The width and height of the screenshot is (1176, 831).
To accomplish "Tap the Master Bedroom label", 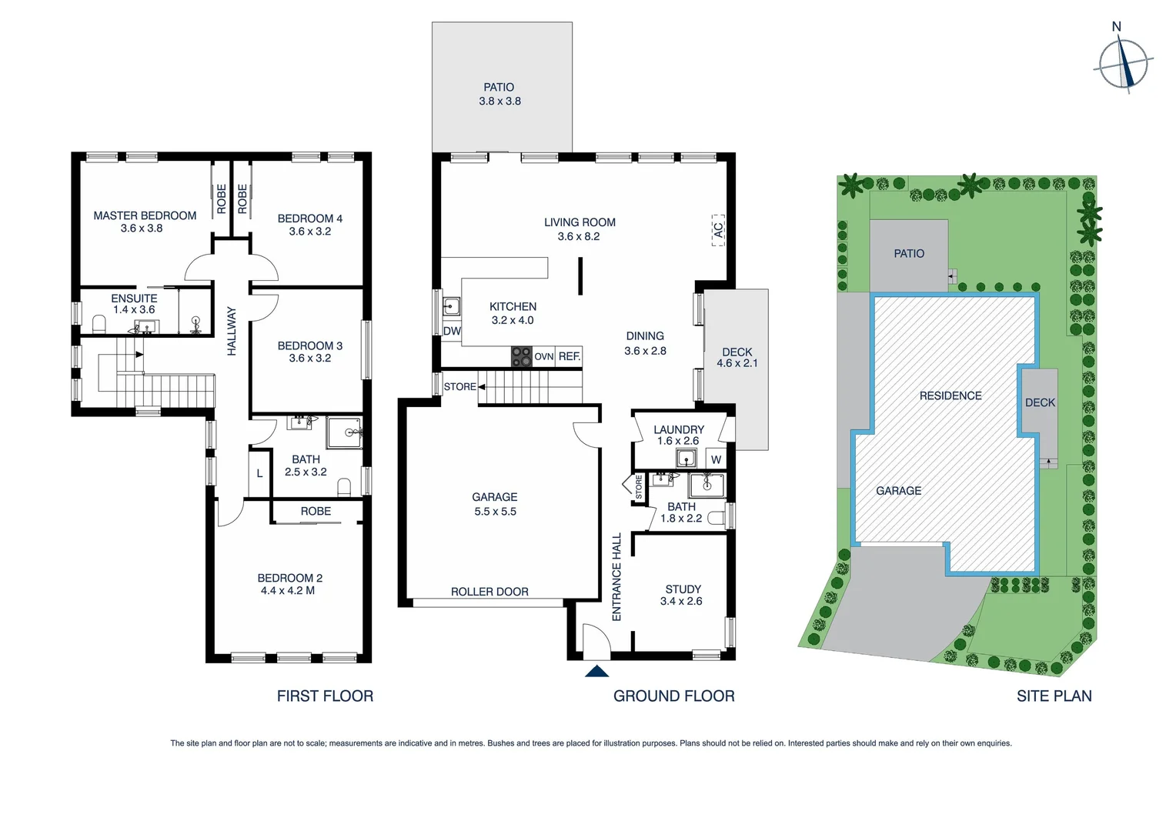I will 145,215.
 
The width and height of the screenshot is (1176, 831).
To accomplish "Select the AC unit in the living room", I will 718,230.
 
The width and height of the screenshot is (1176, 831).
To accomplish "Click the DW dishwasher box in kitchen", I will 452,331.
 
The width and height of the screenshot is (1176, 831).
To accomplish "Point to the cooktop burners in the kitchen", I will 521,356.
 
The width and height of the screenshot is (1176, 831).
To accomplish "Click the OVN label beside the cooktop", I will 543,356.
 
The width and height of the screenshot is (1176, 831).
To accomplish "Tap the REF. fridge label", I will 570,356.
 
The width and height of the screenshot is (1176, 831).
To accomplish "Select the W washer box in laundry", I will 716,459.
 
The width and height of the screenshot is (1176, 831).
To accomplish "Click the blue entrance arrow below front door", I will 596,672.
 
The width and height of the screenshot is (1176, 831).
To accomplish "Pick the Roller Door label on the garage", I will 489,592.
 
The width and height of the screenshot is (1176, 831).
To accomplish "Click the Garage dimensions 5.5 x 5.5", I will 495,511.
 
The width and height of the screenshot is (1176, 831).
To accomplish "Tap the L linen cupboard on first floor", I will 259,473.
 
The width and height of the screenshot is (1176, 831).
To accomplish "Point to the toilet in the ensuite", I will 99,322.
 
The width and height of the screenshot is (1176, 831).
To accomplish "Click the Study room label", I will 683,589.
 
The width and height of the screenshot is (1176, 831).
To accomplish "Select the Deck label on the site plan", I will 1040,402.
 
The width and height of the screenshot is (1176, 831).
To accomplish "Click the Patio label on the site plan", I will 909,253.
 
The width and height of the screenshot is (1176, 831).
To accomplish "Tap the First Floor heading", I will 325,696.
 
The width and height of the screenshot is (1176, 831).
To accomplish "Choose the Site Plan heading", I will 1054,696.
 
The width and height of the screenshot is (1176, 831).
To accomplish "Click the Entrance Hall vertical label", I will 616,577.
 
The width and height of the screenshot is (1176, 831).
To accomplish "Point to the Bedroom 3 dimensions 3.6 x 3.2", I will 310,358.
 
